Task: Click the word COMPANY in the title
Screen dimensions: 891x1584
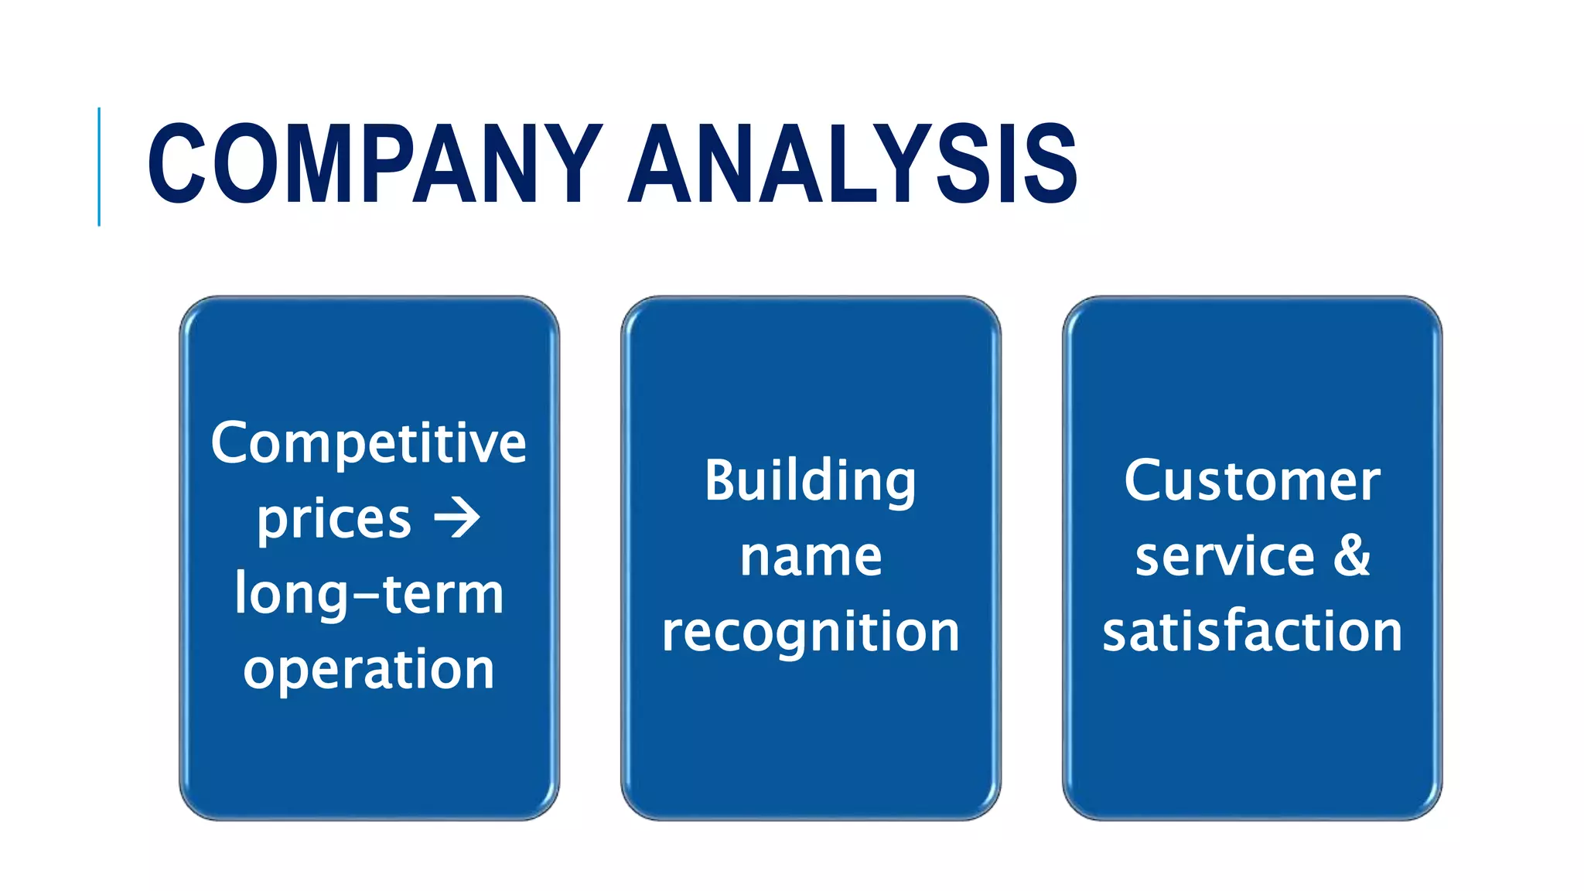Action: point(375,164)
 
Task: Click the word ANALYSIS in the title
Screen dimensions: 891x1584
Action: point(853,164)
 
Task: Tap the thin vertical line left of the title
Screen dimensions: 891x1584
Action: point(99,166)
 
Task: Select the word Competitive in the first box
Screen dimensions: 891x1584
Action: point(369,444)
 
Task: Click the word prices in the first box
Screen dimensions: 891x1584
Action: point(334,520)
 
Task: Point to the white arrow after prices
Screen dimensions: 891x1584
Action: point(457,518)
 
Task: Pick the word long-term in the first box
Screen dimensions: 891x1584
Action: point(369,595)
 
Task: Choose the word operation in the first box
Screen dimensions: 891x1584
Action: point(369,670)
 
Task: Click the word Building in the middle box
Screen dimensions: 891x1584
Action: point(810,481)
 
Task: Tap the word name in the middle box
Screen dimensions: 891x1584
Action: point(811,557)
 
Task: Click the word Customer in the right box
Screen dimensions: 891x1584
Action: point(1252,481)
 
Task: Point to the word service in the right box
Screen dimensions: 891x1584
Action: point(1225,557)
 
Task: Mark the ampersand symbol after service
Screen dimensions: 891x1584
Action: point(1351,555)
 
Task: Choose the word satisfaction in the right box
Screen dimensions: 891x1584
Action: point(1252,631)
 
